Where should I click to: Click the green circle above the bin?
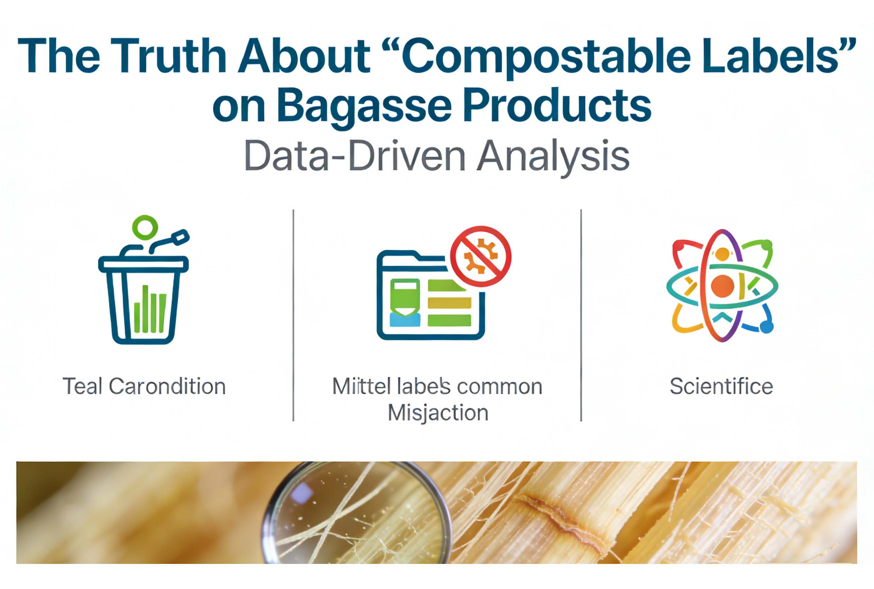[x=145, y=227]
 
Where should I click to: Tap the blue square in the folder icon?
[x=405, y=320]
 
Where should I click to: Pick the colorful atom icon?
[x=722, y=285]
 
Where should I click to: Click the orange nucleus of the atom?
[x=722, y=286]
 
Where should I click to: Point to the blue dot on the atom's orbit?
[x=767, y=327]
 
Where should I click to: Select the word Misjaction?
[x=438, y=413]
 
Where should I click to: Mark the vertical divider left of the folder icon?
[x=293, y=315]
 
